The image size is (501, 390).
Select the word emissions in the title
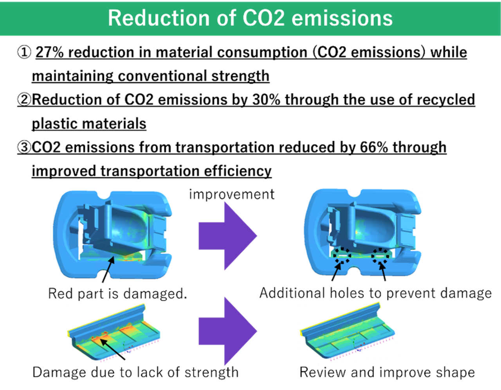pyautogui.click(x=342, y=18)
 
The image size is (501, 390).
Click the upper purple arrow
pyautogui.click(x=227, y=236)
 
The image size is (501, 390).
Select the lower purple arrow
pyautogui.click(x=227, y=331)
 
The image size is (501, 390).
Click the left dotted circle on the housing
pyautogui.click(x=342, y=255)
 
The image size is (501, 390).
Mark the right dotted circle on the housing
pyautogui.click(x=380, y=255)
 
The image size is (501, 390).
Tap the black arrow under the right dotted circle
pyautogui.click(x=382, y=270)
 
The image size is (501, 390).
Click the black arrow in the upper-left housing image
pyautogui.click(x=108, y=268)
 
